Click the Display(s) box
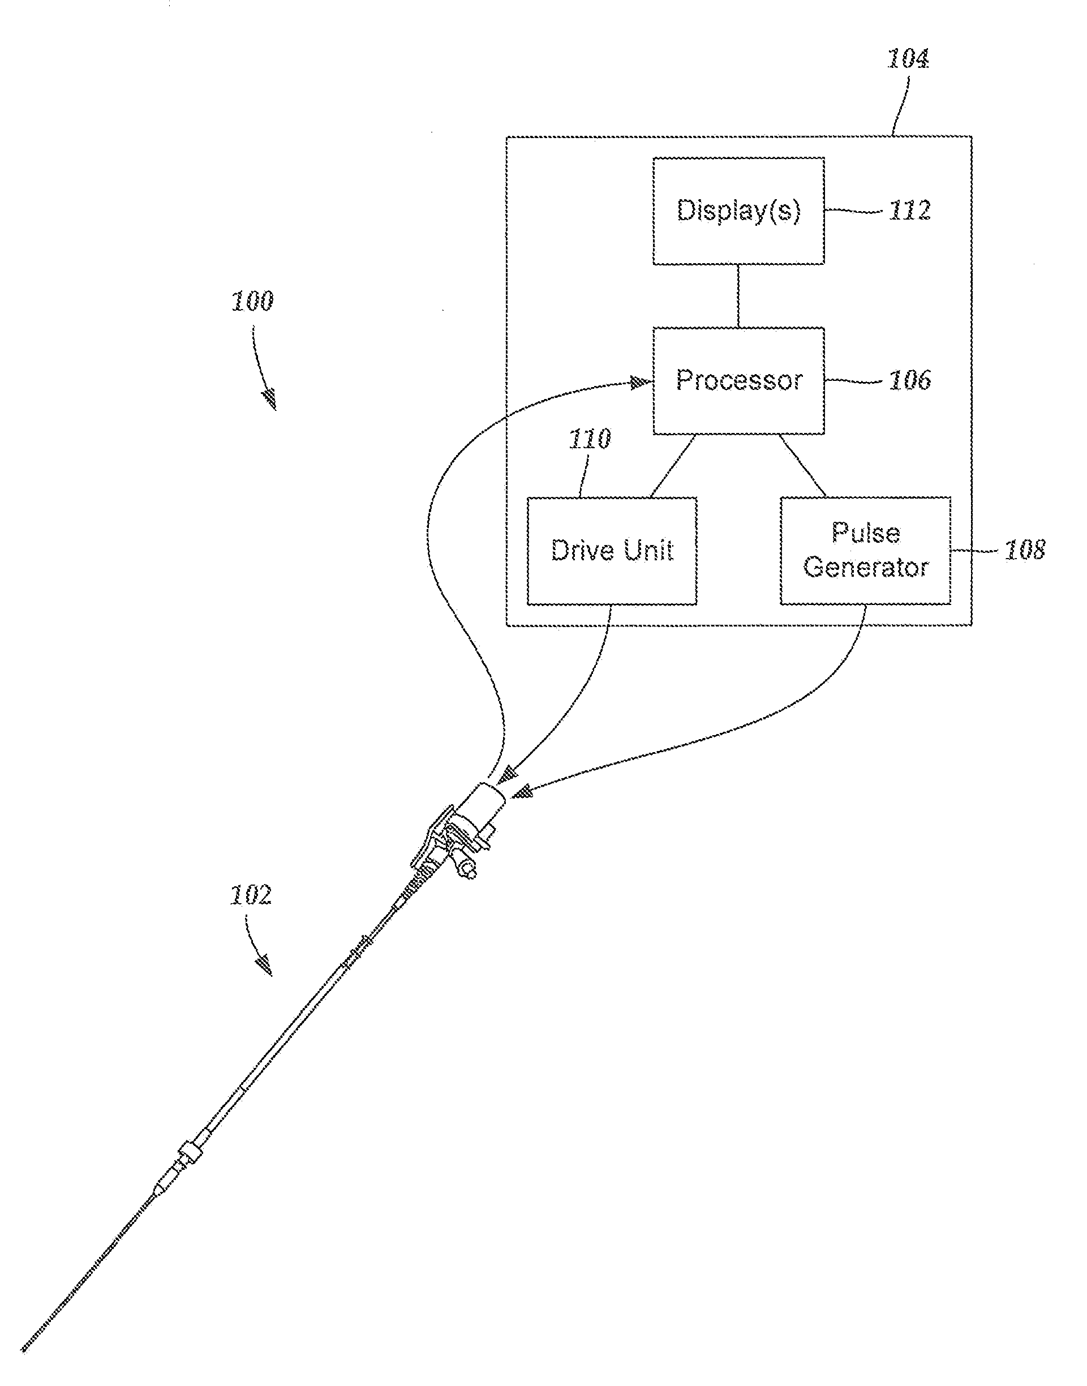(738, 211)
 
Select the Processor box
(738, 380)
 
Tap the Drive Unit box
(612, 551)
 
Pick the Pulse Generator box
(866, 551)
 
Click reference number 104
(908, 59)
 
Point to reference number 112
(909, 211)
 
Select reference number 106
(909, 380)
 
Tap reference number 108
(1024, 551)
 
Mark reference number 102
(251, 895)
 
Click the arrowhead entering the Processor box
(639, 383)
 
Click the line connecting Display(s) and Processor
(738, 296)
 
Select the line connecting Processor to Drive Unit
(673, 466)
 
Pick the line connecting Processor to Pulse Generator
(802, 465)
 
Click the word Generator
(866, 567)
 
